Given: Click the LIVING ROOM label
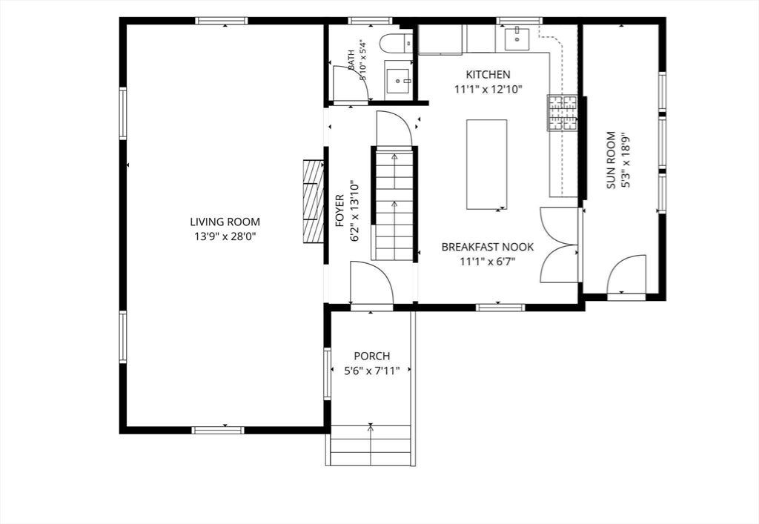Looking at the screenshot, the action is tap(225, 222).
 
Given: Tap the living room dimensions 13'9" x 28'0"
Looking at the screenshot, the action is tap(225, 236).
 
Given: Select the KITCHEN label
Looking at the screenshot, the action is tap(488, 75).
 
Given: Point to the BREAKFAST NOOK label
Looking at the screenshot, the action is tap(488, 248).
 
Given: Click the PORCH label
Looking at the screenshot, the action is tap(372, 356).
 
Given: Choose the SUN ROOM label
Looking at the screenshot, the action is tap(611, 160).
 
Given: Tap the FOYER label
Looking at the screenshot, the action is tap(339, 211).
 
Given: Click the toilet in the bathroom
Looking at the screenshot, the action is tap(396, 44).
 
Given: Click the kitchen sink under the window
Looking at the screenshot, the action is tap(517, 39).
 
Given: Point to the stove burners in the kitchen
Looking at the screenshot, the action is tap(563, 113).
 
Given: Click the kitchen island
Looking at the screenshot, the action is tap(486, 165).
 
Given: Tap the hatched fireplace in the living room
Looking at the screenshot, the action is tap(314, 202).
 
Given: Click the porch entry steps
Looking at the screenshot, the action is tap(371, 445).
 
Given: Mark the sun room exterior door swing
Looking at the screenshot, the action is tap(626, 274).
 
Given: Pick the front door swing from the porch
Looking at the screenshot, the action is tap(371, 283).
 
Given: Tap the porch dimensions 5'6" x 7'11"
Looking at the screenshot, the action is tap(372, 371).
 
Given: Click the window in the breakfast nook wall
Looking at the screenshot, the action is tap(500, 308).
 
